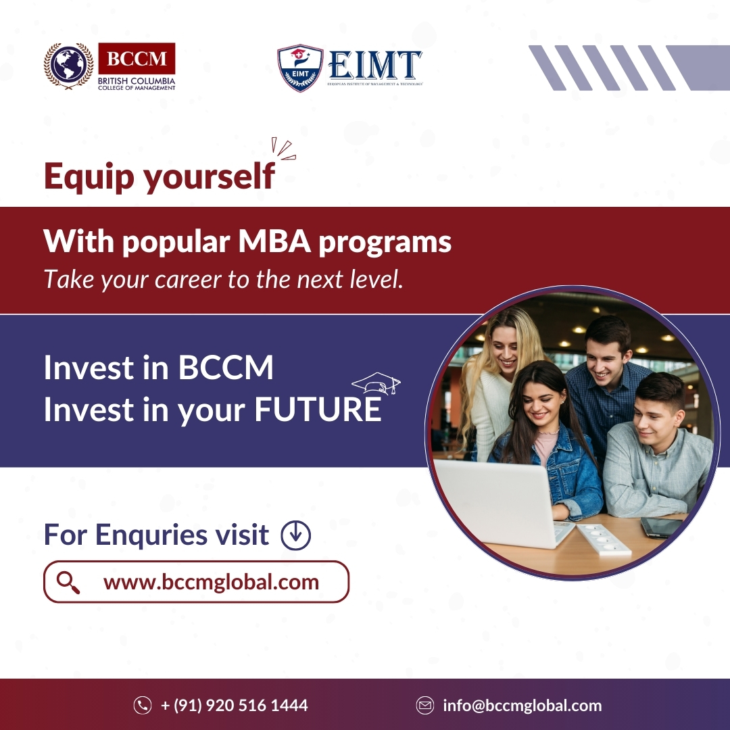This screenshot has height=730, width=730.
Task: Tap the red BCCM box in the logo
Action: point(137,59)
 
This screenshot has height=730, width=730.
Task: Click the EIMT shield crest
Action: point(300,68)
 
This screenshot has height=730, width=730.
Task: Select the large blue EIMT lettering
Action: point(375,66)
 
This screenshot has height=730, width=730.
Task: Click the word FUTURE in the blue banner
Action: point(318,411)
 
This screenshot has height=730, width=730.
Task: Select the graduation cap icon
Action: point(376,384)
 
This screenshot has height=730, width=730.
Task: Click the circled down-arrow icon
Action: point(295,535)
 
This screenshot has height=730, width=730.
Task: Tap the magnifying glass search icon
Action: point(68,582)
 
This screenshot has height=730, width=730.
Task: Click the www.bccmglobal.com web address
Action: point(211,582)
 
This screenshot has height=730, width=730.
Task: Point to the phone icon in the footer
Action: point(143,706)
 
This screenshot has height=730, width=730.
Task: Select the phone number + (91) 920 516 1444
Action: point(234,706)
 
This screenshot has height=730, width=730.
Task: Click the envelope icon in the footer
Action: point(424,706)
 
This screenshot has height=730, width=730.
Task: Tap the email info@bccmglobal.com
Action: point(522,706)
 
